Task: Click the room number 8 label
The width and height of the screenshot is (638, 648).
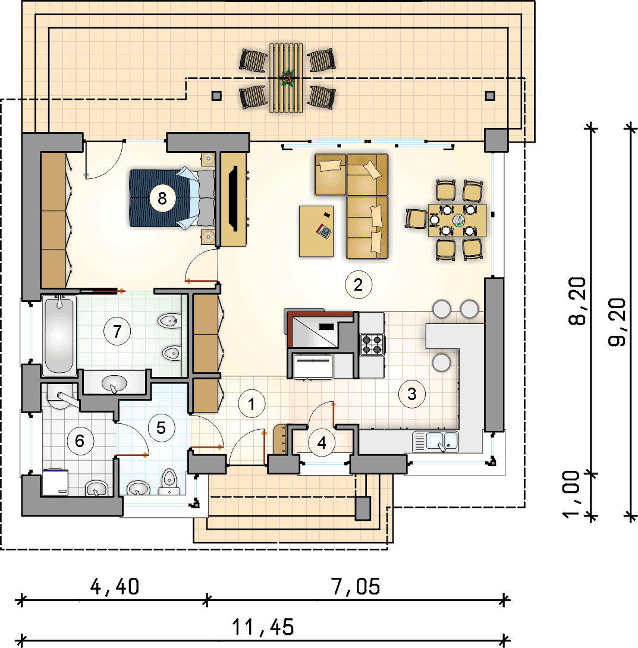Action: click(162, 199)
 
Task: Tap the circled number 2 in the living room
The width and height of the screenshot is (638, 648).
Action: click(359, 284)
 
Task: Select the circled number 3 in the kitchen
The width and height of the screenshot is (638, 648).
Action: click(411, 394)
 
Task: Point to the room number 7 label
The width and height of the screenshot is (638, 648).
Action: click(117, 331)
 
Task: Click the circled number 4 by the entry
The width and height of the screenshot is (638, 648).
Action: click(322, 443)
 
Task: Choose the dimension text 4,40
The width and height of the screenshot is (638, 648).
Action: click(115, 586)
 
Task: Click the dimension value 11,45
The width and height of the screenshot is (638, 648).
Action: click(263, 627)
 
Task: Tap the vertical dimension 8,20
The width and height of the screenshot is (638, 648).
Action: click(577, 301)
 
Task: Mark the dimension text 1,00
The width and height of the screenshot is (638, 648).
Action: click(571, 494)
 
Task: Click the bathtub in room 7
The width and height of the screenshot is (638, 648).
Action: click(59, 335)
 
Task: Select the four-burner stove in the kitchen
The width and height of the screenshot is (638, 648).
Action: click(372, 345)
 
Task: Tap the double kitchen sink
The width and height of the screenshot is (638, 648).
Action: click(435, 441)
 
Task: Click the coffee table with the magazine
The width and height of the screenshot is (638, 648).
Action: click(316, 231)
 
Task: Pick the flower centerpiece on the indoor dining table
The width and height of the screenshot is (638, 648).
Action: click(458, 221)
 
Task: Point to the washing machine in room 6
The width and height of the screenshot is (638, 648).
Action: click(55, 482)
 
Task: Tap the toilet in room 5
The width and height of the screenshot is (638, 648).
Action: click(169, 482)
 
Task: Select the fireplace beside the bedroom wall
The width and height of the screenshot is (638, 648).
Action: click(234, 199)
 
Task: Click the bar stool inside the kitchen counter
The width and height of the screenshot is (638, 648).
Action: click(441, 363)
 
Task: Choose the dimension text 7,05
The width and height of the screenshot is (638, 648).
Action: click(356, 586)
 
